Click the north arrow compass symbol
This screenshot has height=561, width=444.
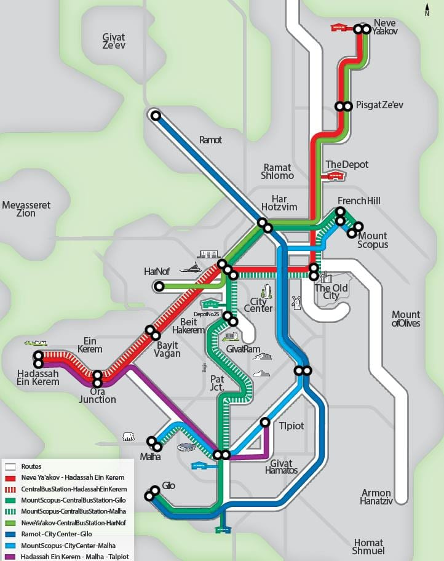(x=427, y=9)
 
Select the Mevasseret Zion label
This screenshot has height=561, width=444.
(x=26, y=209)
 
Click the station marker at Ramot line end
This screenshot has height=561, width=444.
(x=156, y=115)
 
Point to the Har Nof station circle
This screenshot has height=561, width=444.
(x=160, y=286)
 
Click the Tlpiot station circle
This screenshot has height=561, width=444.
(x=265, y=422)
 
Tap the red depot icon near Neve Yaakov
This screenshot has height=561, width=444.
(x=339, y=28)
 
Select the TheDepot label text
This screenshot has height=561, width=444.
(x=347, y=164)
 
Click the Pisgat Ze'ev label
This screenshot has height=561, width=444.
(x=379, y=105)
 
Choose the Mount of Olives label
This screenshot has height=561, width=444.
(x=406, y=319)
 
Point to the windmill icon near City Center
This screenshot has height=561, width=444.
(x=296, y=302)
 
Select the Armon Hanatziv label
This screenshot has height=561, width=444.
(x=376, y=497)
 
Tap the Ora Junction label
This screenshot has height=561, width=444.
(x=97, y=396)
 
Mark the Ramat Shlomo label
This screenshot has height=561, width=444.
(x=279, y=172)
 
